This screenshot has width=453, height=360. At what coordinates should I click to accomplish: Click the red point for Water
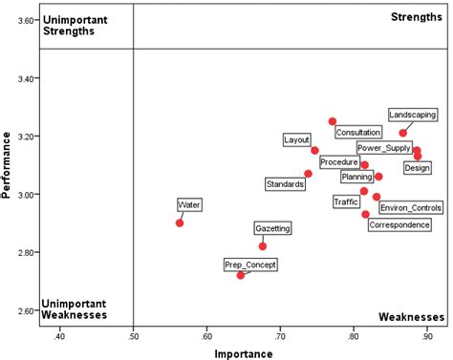[x=180, y=222]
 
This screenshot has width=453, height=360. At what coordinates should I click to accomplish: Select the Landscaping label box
[x=413, y=115]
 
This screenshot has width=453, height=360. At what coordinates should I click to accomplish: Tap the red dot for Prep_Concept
[x=241, y=275]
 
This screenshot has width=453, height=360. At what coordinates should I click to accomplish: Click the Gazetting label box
[x=272, y=228]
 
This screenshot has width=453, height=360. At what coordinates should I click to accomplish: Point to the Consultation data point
[x=333, y=121]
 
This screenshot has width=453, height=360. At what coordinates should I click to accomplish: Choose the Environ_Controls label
[x=411, y=207]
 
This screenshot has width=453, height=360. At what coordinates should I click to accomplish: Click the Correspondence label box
[x=399, y=225]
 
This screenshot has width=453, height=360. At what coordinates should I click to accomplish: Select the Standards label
[x=285, y=183]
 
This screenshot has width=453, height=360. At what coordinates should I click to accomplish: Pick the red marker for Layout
[x=314, y=150]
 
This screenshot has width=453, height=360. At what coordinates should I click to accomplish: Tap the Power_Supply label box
[x=383, y=148]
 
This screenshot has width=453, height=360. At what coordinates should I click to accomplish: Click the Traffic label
[x=346, y=201]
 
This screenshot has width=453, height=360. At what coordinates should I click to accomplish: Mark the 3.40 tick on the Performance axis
[x=39, y=78]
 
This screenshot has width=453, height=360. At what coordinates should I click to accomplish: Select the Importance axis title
[x=244, y=352]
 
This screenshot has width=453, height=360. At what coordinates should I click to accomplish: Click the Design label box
[x=417, y=168]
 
